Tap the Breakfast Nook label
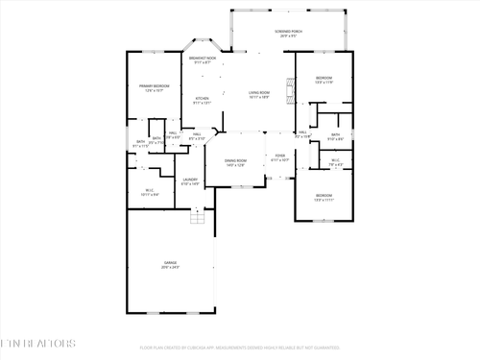[x=202, y=60]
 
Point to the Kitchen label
[x=203, y=99]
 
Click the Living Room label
[x=259, y=94]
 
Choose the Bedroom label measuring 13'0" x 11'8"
[x=324, y=80]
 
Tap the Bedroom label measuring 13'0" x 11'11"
[x=324, y=197]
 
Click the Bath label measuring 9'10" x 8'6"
[x=335, y=135]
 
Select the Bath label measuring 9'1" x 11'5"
[x=141, y=143]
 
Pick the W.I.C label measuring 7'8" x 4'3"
[x=335, y=161]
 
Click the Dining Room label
[x=235, y=162]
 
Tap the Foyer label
[x=280, y=156]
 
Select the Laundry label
[x=190, y=180]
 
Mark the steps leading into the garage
[x=198, y=220]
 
